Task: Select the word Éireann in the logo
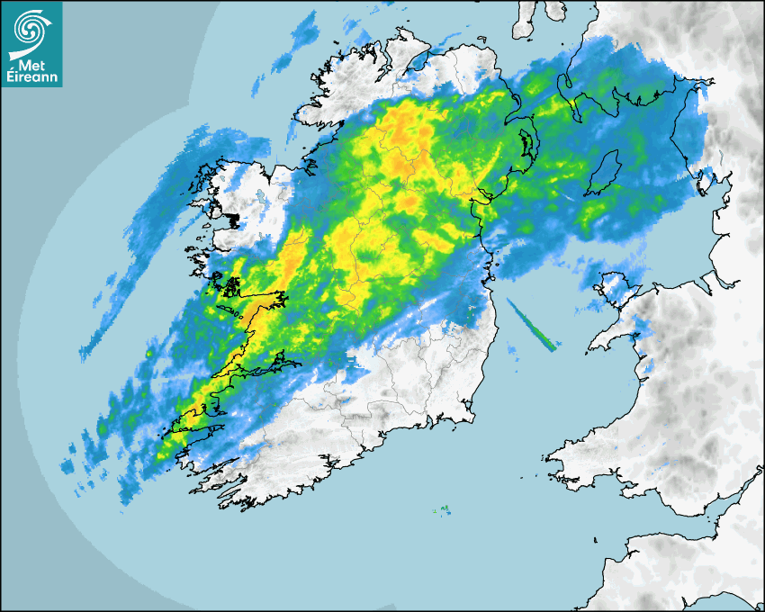(x=31, y=79)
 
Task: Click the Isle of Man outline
(x=603, y=173)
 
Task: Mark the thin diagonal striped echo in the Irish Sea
(x=533, y=325)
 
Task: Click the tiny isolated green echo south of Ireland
(x=445, y=510)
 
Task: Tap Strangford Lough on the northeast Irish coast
(x=524, y=144)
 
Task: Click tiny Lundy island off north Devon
(x=595, y=539)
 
